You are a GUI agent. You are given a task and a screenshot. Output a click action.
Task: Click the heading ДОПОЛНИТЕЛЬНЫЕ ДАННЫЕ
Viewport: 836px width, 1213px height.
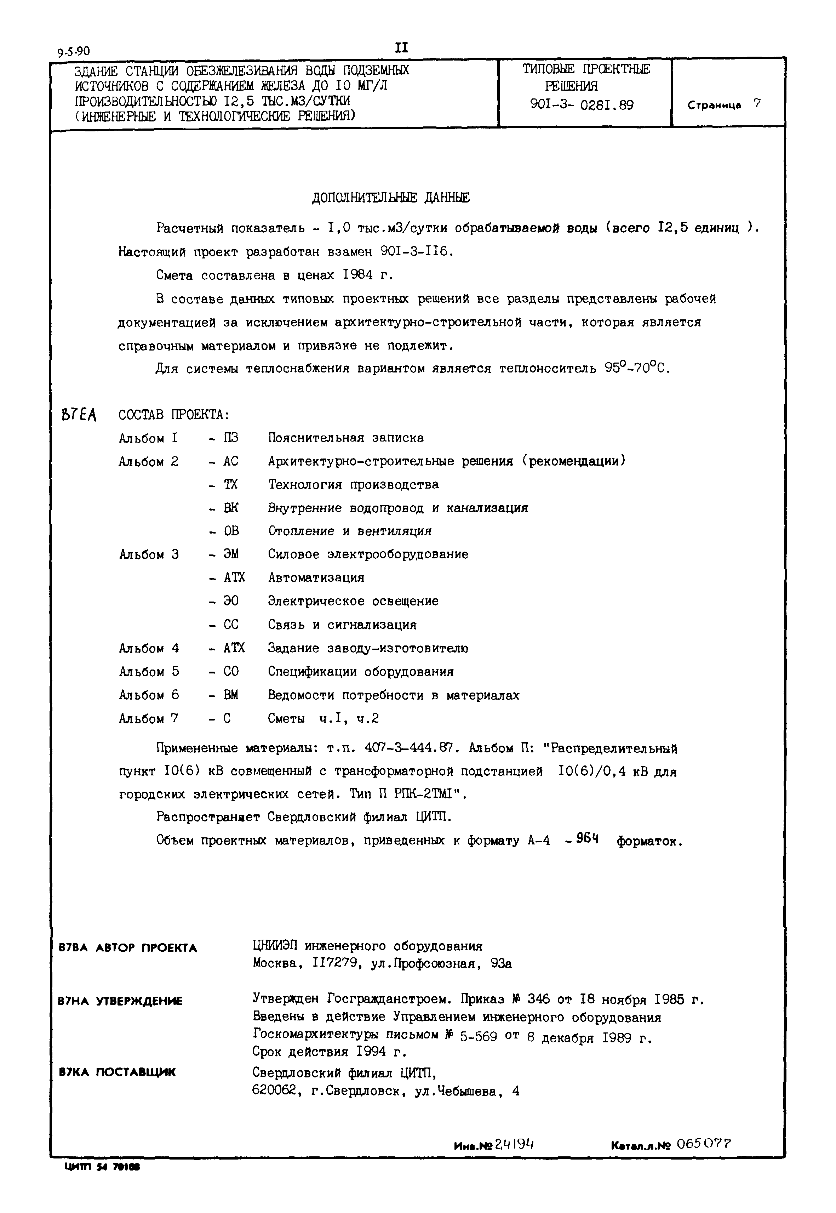click(390, 198)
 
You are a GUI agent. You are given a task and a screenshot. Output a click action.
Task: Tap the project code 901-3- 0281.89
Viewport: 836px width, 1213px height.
click(582, 105)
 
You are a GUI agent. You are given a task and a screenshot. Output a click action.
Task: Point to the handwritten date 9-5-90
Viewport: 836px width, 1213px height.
click(74, 51)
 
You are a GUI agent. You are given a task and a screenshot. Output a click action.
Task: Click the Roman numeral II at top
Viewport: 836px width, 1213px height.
click(401, 48)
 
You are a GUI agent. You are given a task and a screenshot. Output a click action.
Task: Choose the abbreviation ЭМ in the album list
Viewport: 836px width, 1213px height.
click(231, 554)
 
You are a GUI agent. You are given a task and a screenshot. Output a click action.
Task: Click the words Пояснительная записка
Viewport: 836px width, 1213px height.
click(346, 438)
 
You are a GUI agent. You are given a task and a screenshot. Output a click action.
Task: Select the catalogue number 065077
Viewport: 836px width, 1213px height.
click(704, 1144)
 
